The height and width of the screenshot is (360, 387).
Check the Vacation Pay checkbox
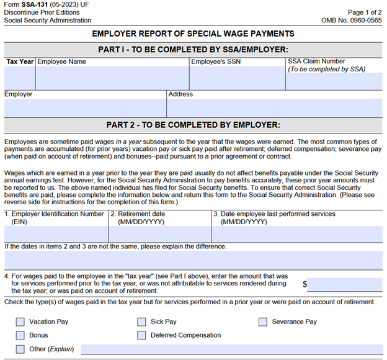[x=20, y=322]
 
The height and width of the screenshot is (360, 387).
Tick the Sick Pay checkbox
[x=142, y=322]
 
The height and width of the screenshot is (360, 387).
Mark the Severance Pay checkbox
[x=263, y=322]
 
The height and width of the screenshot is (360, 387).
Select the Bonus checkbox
[x=20, y=336]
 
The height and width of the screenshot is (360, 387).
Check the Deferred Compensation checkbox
[x=142, y=336]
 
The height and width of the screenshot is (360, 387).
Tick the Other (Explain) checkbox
[x=20, y=349]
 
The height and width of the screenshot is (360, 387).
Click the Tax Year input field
[x=19, y=78]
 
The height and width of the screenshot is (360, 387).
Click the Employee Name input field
[x=112, y=78]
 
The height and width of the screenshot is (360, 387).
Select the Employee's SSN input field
[x=237, y=78]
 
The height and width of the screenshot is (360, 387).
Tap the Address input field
[x=274, y=108]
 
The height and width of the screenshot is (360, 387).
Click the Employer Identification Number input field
[x=56, y=234]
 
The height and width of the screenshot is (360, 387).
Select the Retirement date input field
[x=159, y=234]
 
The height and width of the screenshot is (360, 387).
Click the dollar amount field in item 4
[x=344, y=285]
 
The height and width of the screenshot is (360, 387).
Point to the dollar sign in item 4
[x=305, y=284]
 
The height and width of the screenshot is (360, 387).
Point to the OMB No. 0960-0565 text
[x=352, y=20]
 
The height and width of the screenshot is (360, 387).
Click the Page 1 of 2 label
[x=365, y=12]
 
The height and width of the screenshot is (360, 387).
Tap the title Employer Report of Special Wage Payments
[x=193, y=34]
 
